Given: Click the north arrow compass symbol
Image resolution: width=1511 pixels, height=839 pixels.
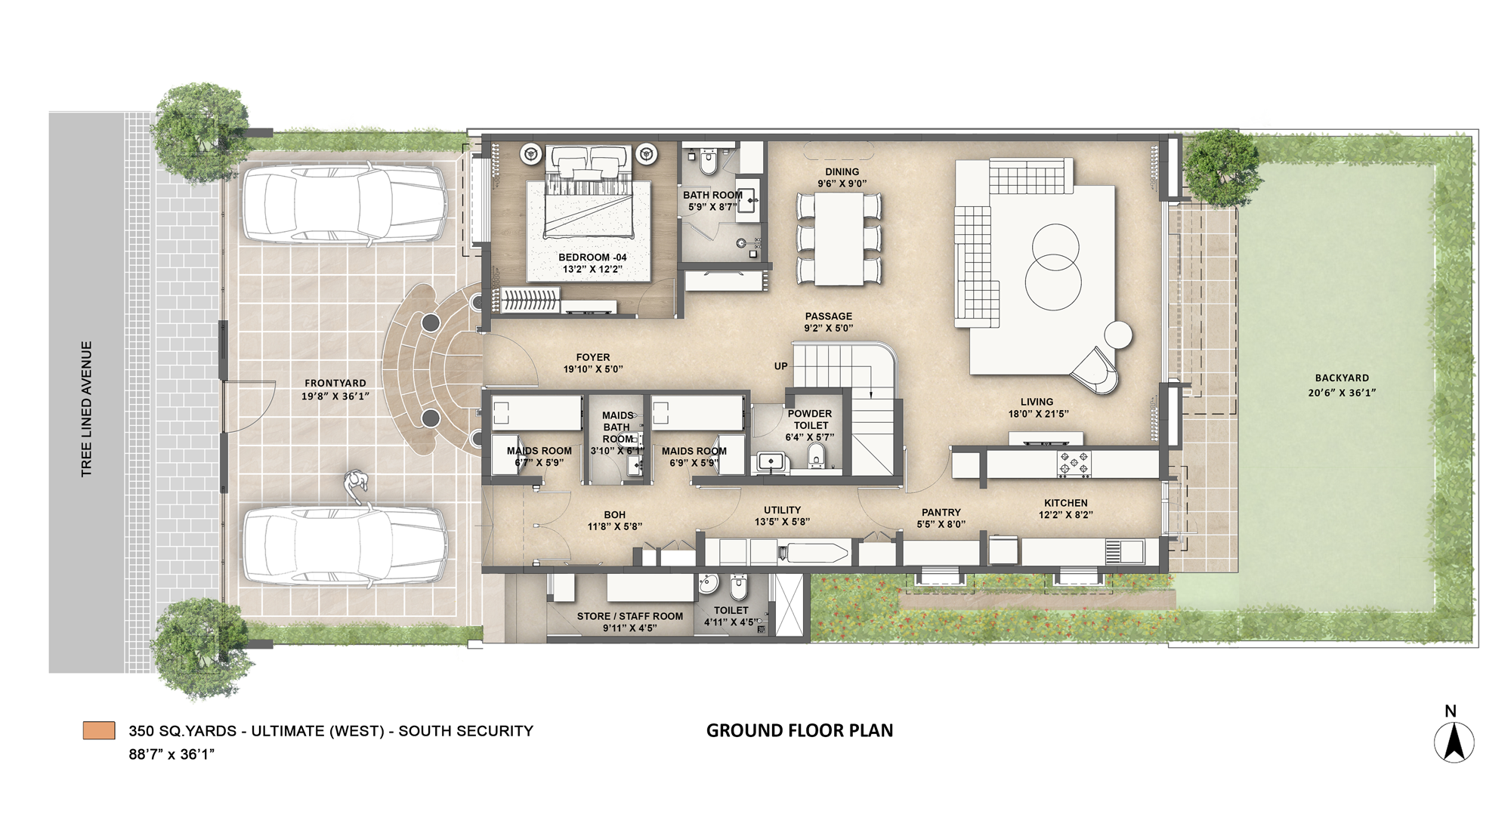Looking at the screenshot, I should [x=1454, y=742].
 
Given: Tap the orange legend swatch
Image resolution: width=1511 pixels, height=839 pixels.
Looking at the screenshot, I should [x=99, y=730].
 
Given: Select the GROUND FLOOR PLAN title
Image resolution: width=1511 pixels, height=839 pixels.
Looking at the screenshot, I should [x=799, y=730].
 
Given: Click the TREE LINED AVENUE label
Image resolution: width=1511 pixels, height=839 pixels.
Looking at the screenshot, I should [x=87, y=409].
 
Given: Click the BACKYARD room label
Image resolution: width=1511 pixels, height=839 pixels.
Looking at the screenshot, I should [x=1341, y=378].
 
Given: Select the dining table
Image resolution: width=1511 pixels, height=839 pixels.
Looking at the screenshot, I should [x=839, y=239].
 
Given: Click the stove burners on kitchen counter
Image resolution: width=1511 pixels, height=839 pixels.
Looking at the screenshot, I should [x=1074, y=464].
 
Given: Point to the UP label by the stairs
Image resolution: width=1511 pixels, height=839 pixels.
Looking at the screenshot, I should [x=780, y=366].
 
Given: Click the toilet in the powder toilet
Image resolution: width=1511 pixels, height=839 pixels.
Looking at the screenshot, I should [x=816, y=456].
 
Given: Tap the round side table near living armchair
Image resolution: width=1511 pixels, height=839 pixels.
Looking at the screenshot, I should [x=1118, y=334].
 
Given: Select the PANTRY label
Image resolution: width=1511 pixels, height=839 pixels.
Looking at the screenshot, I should [x=941, y=512].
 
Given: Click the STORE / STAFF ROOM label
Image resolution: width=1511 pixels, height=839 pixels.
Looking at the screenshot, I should [x=629, y=616].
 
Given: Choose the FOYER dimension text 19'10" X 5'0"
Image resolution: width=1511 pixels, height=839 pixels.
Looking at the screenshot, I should [x=593, y=369].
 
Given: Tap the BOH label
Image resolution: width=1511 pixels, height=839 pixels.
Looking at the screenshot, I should [x=614, y=514].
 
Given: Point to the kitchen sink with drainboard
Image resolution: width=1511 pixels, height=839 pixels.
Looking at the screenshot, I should [x=1125, y=551].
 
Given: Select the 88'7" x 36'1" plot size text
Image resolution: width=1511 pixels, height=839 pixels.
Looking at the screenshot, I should [x=171, y=754].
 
